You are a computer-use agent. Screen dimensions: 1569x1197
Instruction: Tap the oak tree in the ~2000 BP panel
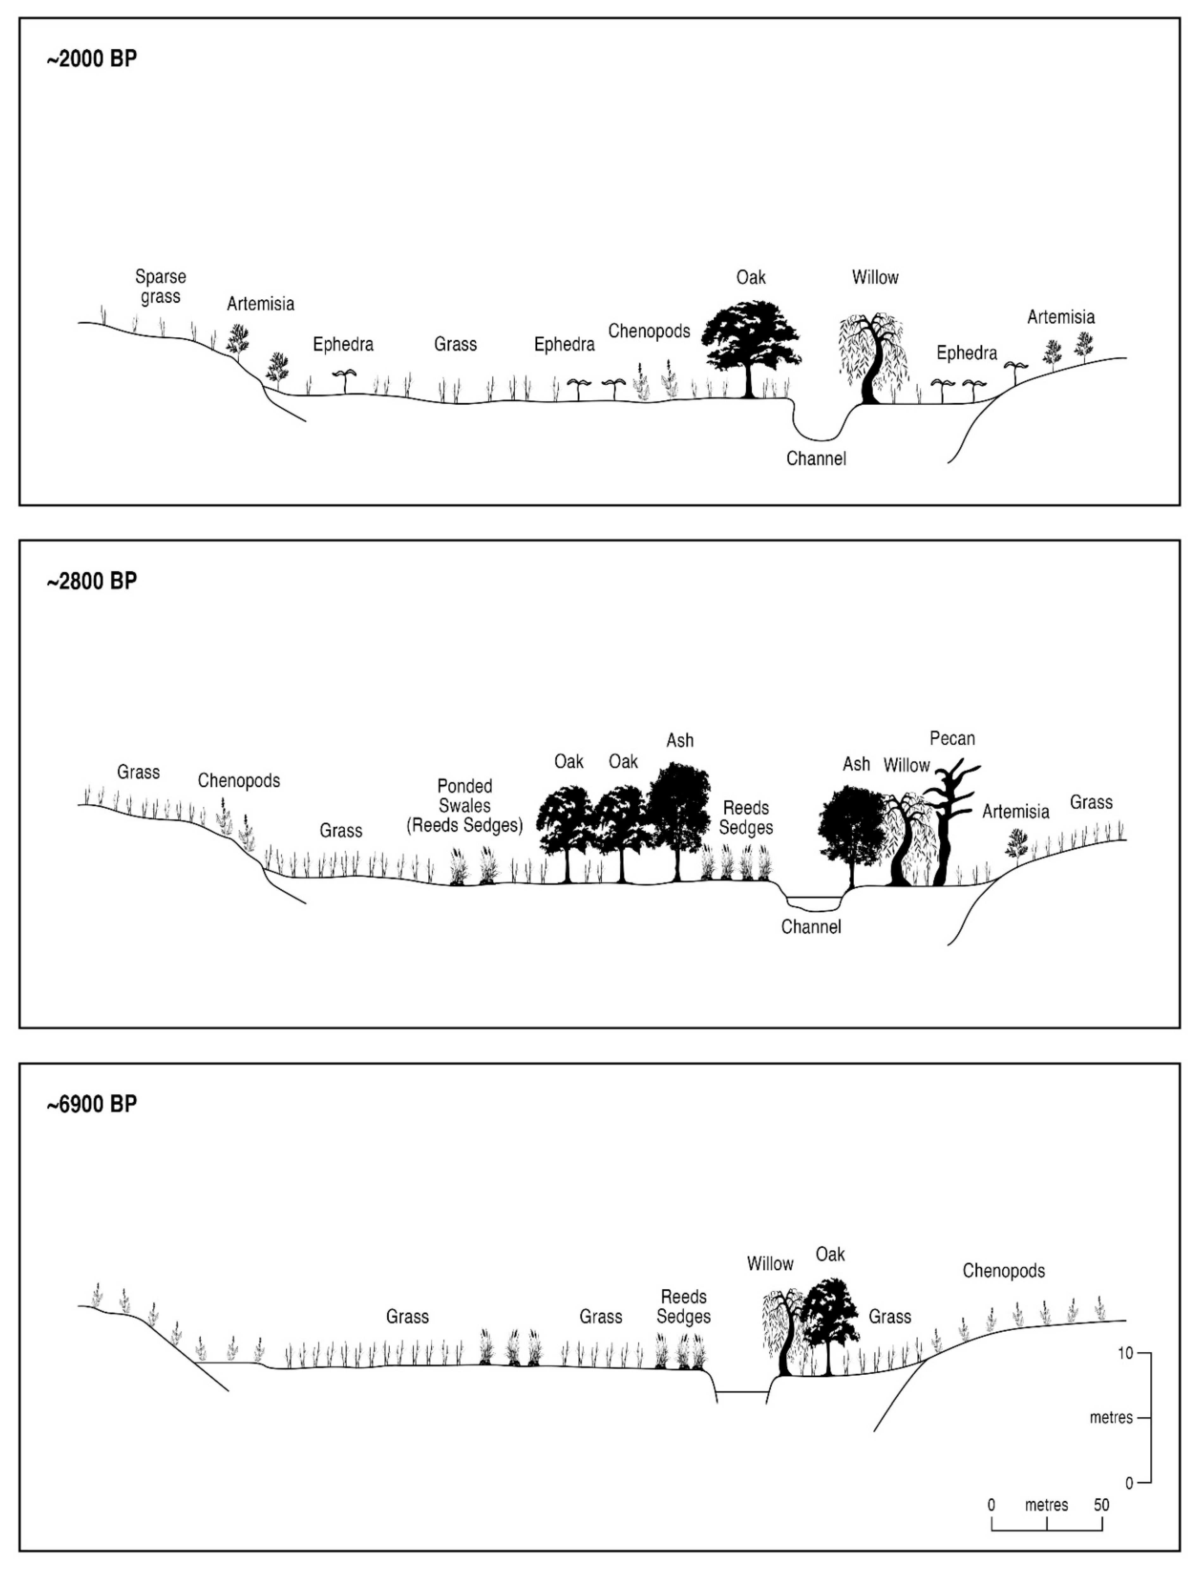pyautogui.click(x=750, y=346)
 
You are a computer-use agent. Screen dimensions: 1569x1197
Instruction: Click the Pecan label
pyautogui.click(x=952, y=739)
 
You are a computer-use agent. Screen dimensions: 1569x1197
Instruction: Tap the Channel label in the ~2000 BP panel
pyautogui.click(x=816, y=459)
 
